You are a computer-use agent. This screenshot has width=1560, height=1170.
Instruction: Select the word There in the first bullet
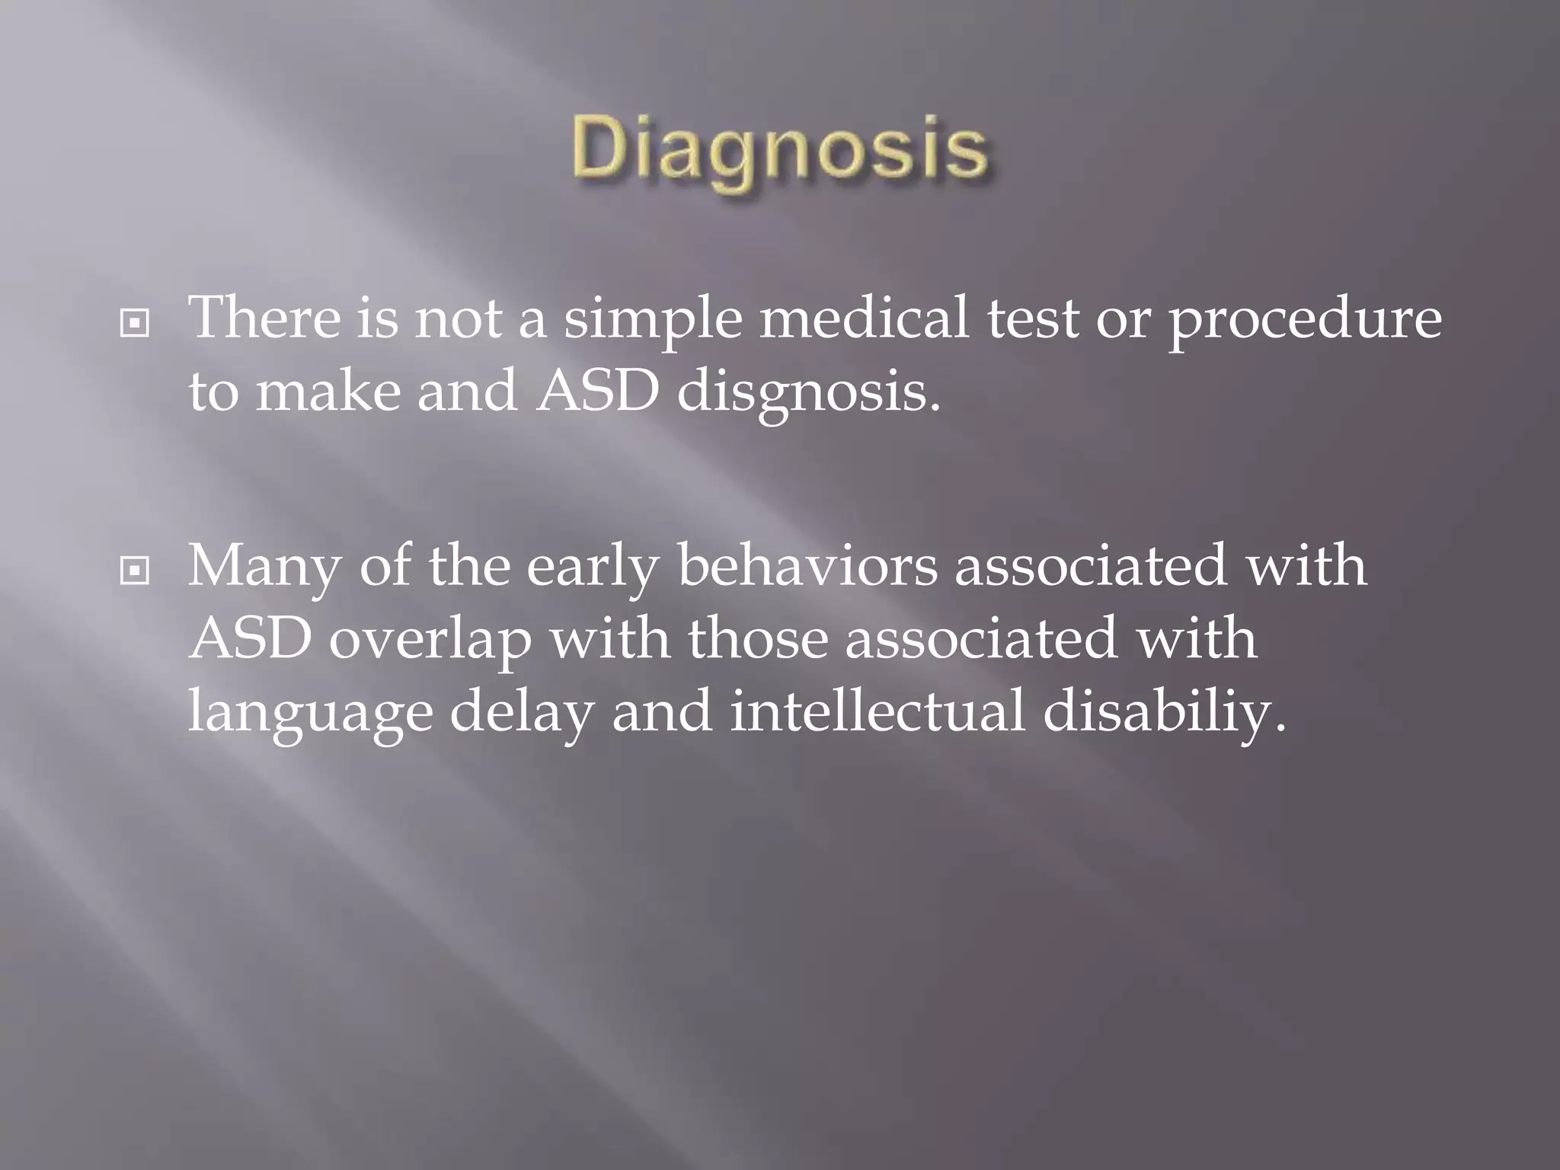[x=264, y=318]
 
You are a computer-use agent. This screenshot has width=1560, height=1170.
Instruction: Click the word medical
[x=865, y=318]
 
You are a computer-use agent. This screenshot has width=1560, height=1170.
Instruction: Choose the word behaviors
[x=807, y=565]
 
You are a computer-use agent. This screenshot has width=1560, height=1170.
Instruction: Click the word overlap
[x=430, y=641]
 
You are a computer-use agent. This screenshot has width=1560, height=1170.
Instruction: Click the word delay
[x=521, y=713]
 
